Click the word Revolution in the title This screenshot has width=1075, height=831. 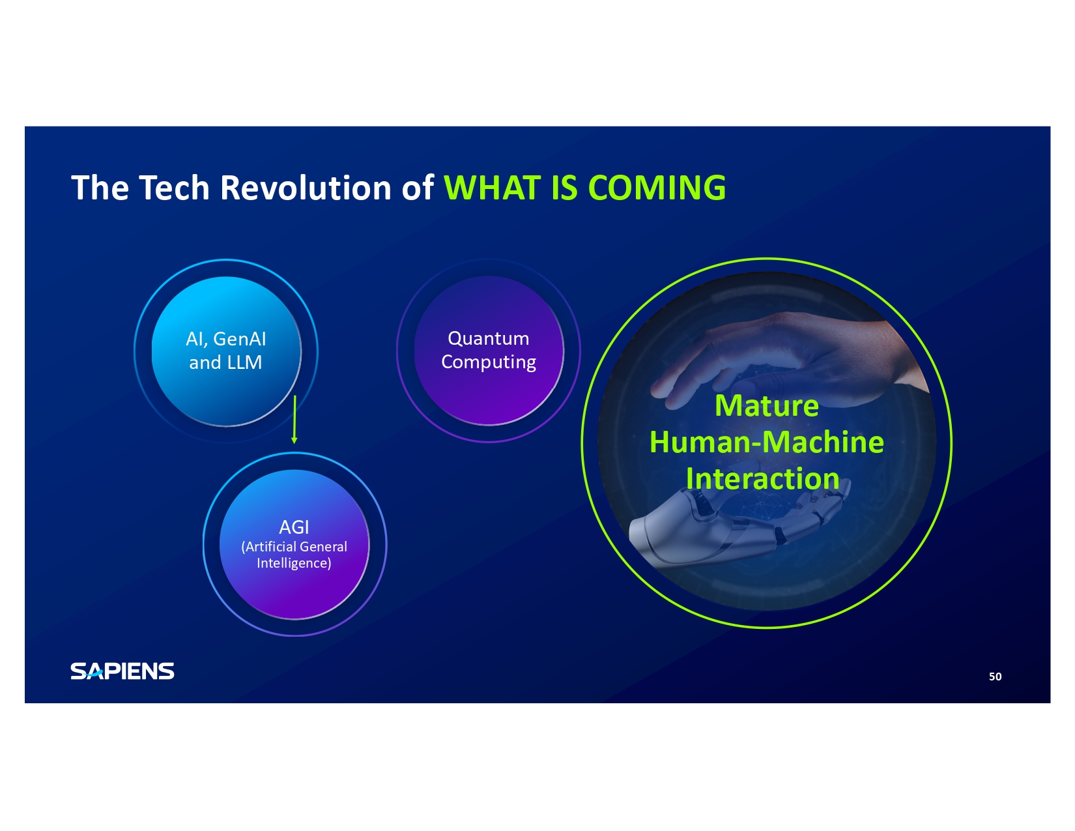click(x=305, y=188)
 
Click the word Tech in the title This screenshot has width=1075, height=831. click(x=174, y=188)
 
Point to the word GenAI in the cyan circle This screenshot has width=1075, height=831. click(x=240, y=340)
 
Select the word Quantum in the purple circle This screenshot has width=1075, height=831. click(x=488, y=338)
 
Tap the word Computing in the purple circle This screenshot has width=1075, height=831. click(x=488, y=362)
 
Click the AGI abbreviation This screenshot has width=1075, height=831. click(x=294, y=527)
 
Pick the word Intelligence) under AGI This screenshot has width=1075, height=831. click(x=294, y=563)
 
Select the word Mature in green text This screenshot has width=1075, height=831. click(x=766, y=406)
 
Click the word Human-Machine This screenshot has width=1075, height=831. click(x=766, y=442)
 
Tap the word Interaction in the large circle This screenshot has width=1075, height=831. click(x=763, y=478)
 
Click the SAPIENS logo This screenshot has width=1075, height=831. click(x=122, y=671)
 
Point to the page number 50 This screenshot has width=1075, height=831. click(x=995, y=677)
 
